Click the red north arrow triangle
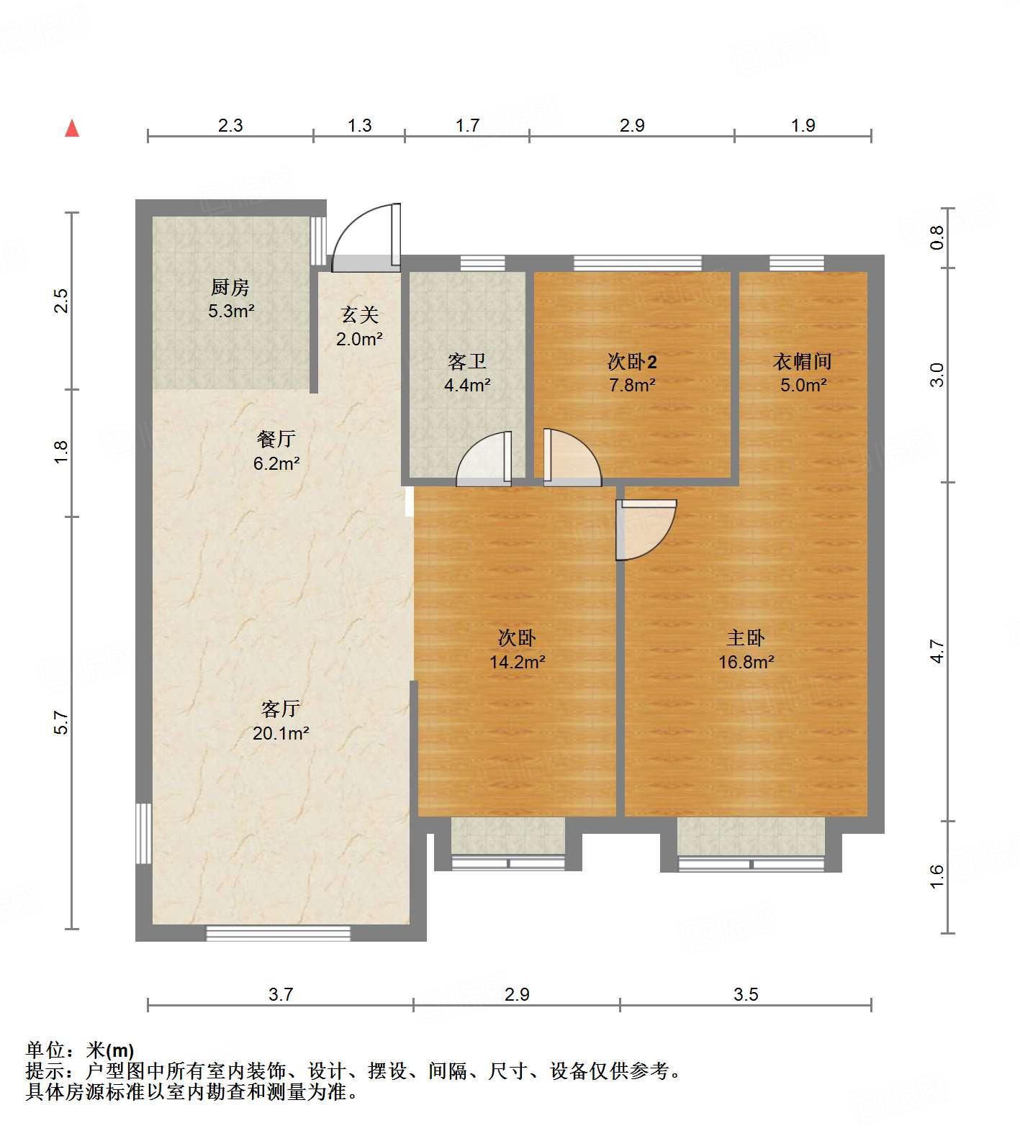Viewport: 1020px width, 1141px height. click(72, 129)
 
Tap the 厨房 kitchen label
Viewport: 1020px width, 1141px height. click(230, 288)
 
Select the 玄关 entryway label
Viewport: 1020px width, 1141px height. click(359, 315)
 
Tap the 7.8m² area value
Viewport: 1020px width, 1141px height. click(632, 385)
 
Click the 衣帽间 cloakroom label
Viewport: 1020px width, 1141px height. click(803, 361)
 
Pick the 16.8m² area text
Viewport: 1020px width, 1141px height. click(746, 662)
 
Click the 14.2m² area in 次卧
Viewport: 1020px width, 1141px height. click(517, 662)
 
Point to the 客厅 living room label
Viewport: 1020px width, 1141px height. click(281, 709)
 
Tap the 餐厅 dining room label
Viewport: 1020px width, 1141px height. click(276, 439)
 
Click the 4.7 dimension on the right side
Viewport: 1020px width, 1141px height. click(936, 651)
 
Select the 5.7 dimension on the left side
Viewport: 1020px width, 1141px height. click(62, 722)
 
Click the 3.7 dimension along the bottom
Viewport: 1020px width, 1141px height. click(281, 994)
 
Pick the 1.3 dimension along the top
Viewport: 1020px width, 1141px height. click(359, 125)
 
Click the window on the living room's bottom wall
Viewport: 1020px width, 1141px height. click(279, 933)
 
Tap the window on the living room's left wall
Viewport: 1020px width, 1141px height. click(144, 833)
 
